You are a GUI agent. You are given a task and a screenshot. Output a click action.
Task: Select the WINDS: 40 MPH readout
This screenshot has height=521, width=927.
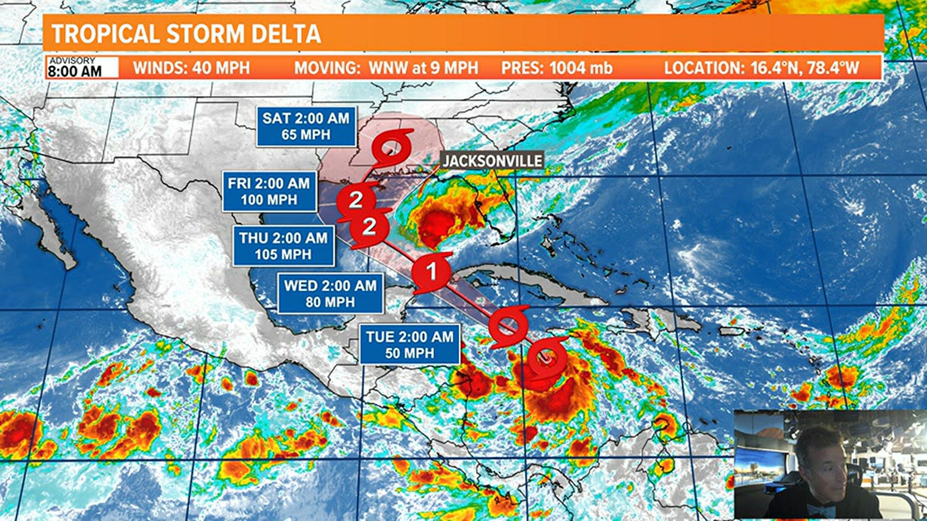191,68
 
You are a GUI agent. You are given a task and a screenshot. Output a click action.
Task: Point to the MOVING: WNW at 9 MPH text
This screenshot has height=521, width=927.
386,68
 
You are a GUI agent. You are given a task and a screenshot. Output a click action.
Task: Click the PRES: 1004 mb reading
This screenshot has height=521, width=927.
557,68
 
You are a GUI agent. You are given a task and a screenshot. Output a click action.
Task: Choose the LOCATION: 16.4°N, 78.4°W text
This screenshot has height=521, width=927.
761,68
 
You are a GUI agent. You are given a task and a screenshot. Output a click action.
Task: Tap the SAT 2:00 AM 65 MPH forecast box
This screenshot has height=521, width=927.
306,126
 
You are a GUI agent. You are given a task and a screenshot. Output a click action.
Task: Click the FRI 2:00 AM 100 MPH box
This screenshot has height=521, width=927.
269,192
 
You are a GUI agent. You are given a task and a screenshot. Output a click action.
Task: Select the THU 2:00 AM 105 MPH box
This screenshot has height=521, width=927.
283,246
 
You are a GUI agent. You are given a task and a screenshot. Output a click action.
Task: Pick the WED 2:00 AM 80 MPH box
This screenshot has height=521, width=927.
330,293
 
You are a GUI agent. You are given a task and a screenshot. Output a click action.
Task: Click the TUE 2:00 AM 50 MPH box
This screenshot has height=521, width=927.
409,345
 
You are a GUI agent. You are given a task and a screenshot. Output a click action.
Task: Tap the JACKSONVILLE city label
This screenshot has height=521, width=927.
492,161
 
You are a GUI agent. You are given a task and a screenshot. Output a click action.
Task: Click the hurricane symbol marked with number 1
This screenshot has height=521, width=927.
432,272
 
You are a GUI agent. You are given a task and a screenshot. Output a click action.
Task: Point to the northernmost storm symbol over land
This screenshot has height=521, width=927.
391,147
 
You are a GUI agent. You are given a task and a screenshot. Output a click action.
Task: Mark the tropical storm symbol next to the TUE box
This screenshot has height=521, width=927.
507,327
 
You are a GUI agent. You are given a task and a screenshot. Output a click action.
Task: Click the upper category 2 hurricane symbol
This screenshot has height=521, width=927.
356,200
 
